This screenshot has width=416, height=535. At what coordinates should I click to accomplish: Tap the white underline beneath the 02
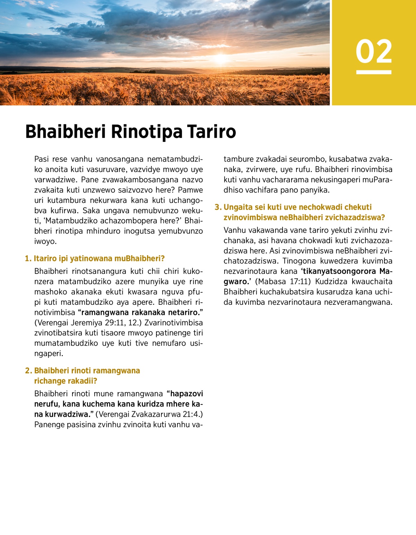click(x=374, y=72)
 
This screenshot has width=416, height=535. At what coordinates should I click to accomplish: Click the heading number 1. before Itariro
click(x=28, y=259)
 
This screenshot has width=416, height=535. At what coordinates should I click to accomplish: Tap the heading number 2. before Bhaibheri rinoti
click(x=28, y=371)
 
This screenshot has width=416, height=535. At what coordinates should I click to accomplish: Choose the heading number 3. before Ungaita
click(x=218, y=207)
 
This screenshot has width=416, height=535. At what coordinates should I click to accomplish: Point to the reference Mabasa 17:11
click(x=282, y=282)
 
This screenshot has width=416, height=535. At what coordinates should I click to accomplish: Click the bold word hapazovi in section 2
click(x=187, y=394)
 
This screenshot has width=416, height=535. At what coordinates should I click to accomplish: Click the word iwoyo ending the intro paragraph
click(x=45, y=241)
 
